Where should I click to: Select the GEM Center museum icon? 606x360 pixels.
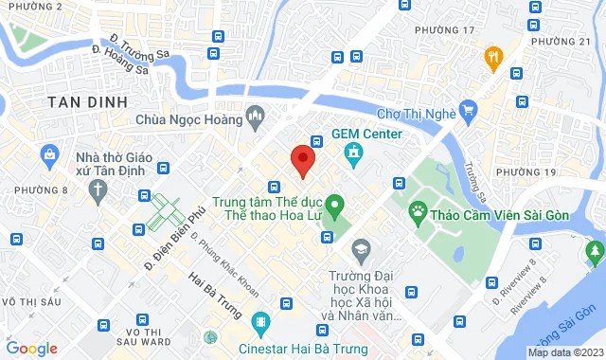coord(353,152)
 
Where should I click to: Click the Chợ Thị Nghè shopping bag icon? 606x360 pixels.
coord(466,111)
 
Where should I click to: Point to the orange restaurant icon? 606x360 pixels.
coord(492,58)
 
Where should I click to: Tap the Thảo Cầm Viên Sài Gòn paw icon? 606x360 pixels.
coord(418,209)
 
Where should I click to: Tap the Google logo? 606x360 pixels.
coord(32,348)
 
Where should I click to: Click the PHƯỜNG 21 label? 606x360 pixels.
coord(561,43)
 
